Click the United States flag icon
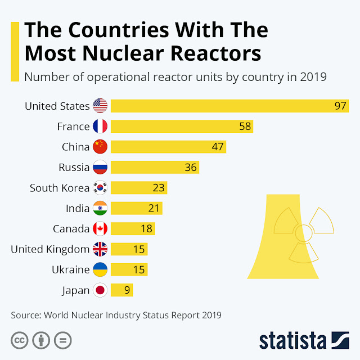[x=100, y=106]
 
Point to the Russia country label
[x=74, y=167]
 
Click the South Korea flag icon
[x=100, y=188]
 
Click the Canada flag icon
[x=100, y=229]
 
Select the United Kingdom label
[x=50, y=249]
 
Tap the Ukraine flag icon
[x=100, y=269]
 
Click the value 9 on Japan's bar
[x=127, y=290]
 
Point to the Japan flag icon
[x=100, y=290]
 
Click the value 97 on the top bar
[x=340, y=106]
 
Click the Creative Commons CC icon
[x=20, y=340]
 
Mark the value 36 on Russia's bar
[x=191, y=167]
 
